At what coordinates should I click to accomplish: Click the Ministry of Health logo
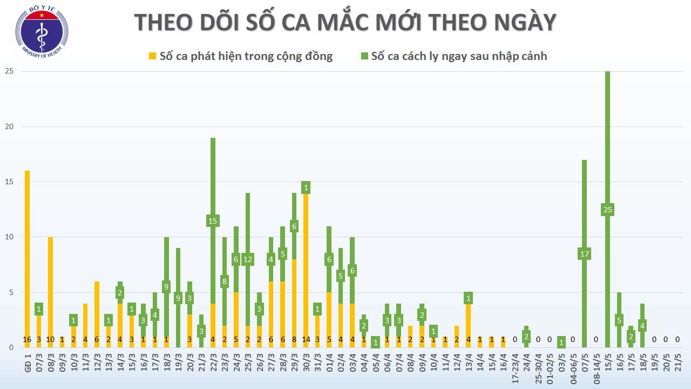[x=41, y=31]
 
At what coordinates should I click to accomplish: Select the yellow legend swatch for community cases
[x=153, y=56]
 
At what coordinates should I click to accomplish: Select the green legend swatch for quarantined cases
[x=364, y=56]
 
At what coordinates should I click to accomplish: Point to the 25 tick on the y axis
[x=9, y=71]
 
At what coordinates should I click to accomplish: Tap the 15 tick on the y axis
[x=9, y=182]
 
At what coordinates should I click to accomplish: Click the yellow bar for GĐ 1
[x=27, y=254]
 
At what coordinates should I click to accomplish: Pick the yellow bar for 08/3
[x=50, y=286]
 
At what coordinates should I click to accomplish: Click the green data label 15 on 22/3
[x=213, y=220]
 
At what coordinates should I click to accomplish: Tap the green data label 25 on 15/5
[x=607, y=210]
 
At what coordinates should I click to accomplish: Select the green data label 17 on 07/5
[x=584, y=254]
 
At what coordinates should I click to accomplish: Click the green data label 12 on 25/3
[x=248, y=259]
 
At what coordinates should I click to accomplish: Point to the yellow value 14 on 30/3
[x=306, y=339]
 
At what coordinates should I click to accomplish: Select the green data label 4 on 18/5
[x=642, y=326]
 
